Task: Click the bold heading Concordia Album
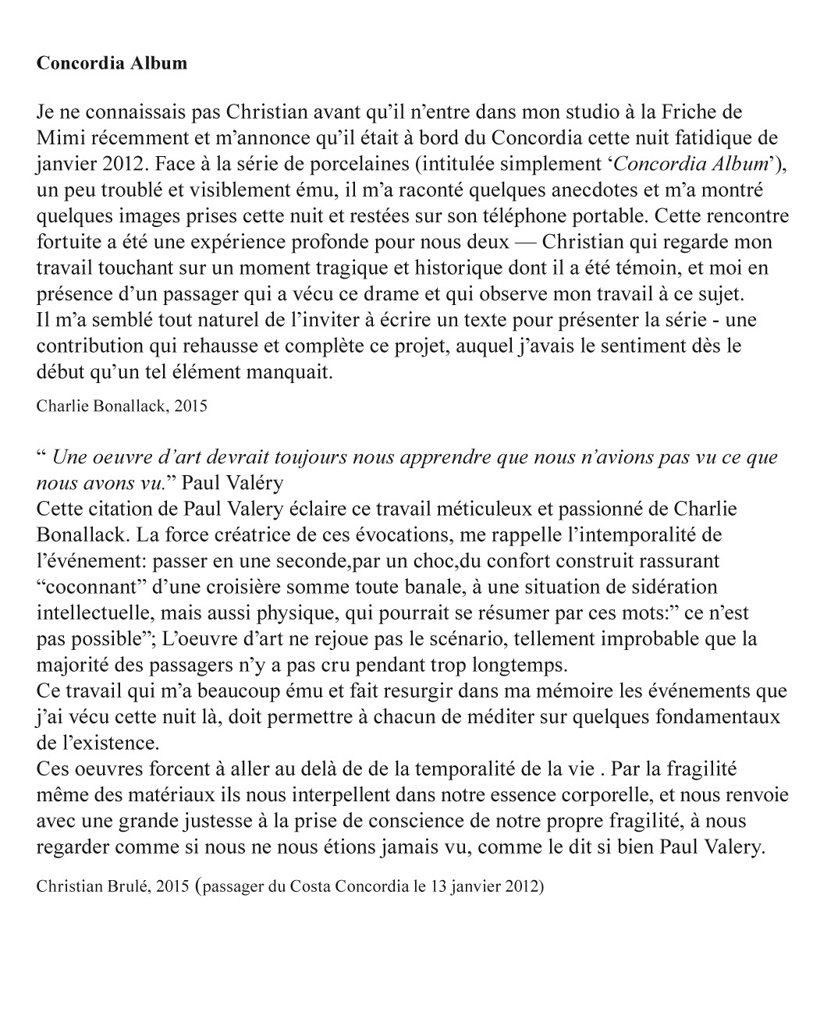(112, 63)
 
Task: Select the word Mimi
(57, 139)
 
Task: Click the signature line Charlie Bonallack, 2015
(122, 406)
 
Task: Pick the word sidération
(651, 587)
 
